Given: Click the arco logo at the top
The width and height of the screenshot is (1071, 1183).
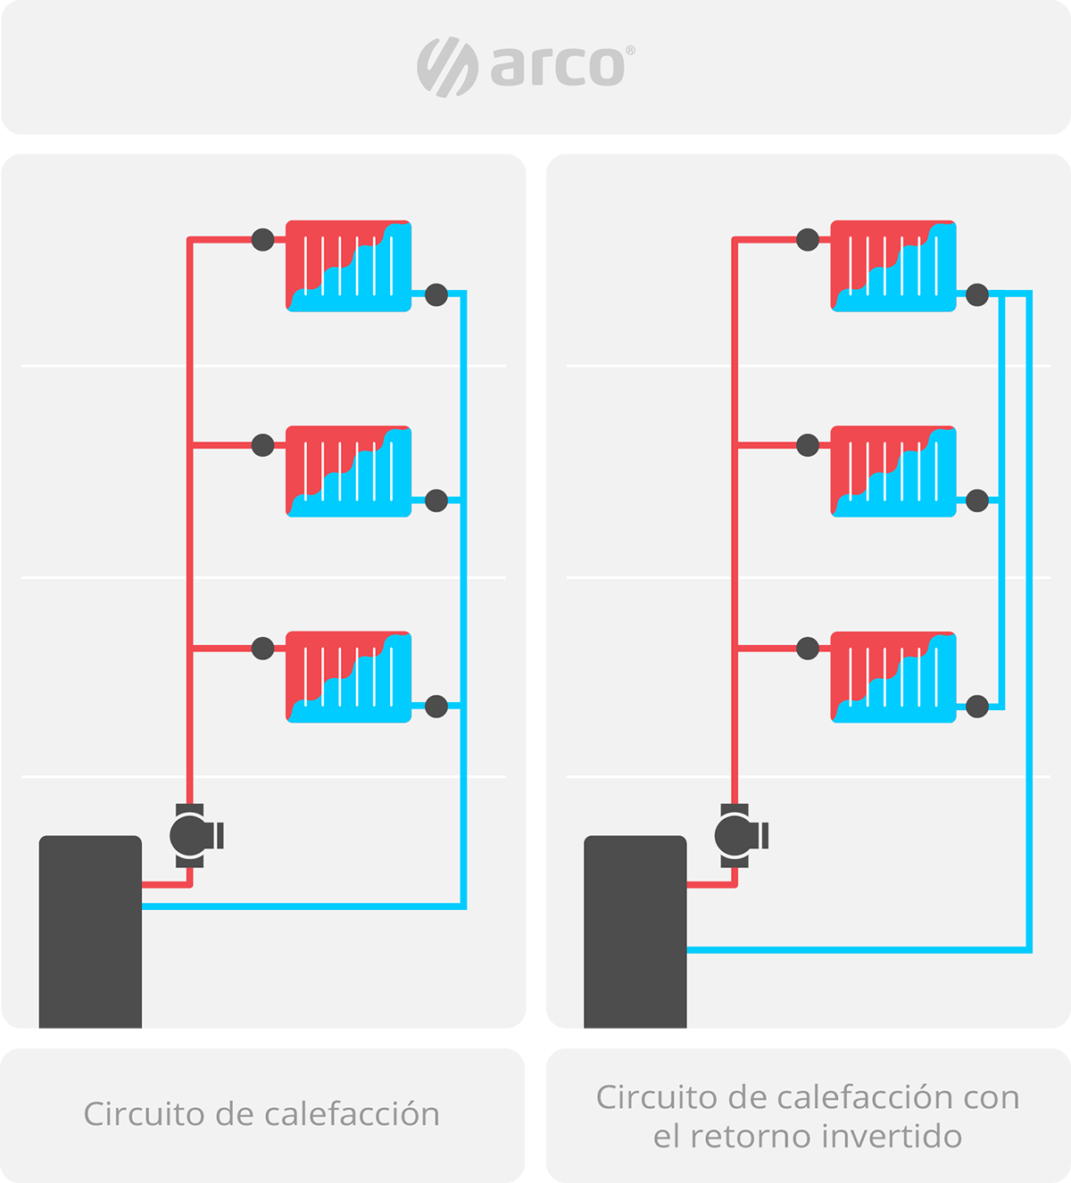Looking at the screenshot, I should point(525,67).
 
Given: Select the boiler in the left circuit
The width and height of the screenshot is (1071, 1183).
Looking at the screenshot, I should point(90,937).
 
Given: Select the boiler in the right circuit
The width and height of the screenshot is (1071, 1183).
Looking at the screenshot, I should point(635,937).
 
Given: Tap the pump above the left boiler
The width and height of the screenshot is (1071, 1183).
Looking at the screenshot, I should point(191,835).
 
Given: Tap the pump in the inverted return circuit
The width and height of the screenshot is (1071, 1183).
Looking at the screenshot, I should point(736,835).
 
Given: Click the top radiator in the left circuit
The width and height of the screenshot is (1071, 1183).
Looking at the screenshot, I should point(348,266).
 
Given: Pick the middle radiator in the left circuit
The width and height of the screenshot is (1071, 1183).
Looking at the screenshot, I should point(348,471).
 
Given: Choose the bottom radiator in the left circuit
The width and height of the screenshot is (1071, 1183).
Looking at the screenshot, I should point(348,676).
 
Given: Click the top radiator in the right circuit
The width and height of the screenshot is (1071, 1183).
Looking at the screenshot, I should point(893,266).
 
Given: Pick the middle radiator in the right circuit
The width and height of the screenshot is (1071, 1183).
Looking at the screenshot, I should point(893,471).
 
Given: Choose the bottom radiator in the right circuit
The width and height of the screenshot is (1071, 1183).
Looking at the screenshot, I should point(893,676).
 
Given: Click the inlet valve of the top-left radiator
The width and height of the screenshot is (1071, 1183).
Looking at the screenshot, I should point(262,239).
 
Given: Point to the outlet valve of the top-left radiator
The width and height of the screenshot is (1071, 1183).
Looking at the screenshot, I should point(436,294).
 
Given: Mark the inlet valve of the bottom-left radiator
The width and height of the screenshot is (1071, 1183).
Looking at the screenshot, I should point(262,649).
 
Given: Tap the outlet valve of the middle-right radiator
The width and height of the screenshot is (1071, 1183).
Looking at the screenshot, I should point(977,500).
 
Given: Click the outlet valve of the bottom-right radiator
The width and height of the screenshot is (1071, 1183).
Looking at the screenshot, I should point(977,707).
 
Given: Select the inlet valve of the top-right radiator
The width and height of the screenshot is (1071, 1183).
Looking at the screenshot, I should point(808,239).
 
